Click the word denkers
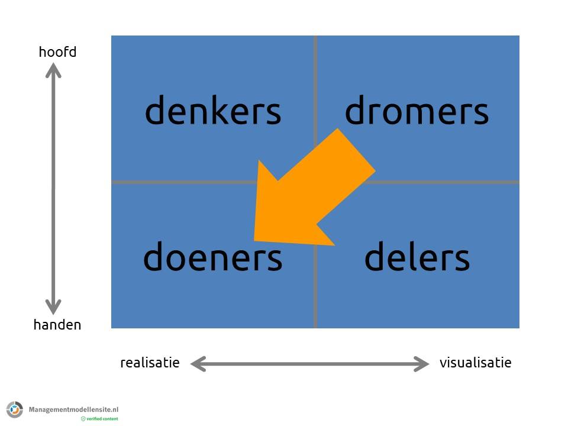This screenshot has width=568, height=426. pos(212,111)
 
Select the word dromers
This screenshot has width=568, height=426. pos(417,111)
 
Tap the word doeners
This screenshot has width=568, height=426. pos(212,258)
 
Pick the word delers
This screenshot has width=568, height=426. pos(417,258)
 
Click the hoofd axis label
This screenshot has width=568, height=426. pos(57,52)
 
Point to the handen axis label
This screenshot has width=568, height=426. pos(57,324)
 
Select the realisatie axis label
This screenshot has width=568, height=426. pos(150,363)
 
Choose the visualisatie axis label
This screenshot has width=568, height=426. pos(475,363)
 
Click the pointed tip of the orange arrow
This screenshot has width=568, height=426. pos(256,239)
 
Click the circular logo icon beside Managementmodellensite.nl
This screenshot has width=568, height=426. pos(15,409)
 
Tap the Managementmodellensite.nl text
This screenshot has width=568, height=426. pos(74,409)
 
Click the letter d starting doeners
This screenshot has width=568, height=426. pos(153,257)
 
